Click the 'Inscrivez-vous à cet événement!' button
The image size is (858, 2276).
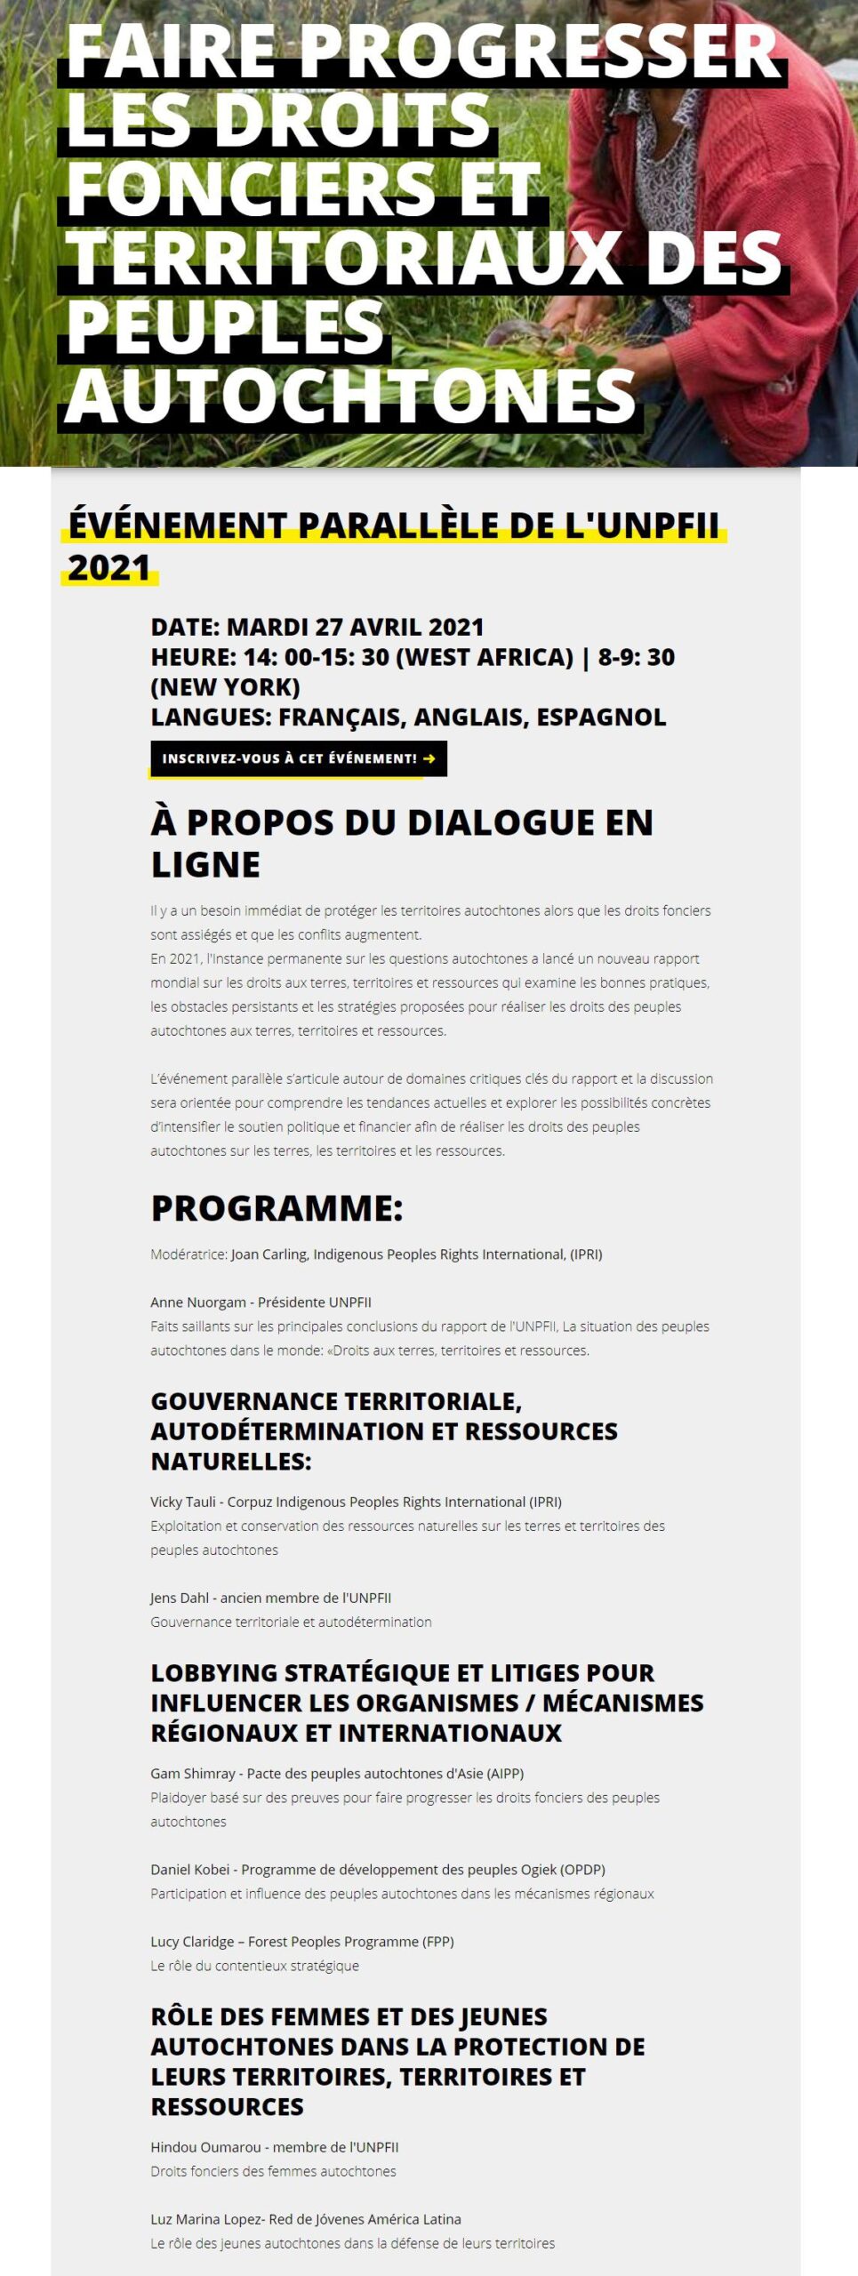(x=298, y=758)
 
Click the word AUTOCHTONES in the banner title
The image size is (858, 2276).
(x=351, y=397)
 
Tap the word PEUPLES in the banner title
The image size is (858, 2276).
(x=225, y=327)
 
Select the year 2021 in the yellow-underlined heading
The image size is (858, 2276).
(x=109, y=567)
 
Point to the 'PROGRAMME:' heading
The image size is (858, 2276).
(x=277, y=1207)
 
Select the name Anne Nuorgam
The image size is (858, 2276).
(x=198, y=1302)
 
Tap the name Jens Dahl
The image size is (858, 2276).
(x=179, y=1598)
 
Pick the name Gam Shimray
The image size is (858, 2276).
(x=192, y=1773)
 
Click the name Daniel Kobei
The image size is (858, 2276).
(x=190, y=1869)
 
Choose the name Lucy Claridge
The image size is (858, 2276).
(x=192, y=1941)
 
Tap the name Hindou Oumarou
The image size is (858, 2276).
(x=205, y=2147)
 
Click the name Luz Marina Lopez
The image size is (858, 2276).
(x=206, y=2219)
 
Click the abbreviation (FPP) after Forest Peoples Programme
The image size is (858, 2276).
(x=437, y=1941)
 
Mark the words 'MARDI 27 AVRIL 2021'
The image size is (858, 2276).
(x=355, y=627)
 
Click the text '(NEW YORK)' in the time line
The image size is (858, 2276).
(x=225, y=686)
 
